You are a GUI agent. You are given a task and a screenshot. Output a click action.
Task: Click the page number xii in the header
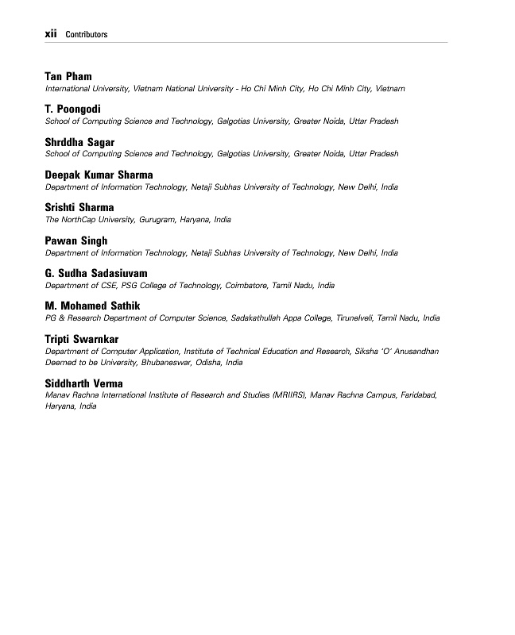[x=52, y=34]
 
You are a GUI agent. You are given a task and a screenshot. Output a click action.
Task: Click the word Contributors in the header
[x=87, y=35]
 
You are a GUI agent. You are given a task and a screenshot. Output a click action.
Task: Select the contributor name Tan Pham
[x=68, y=77]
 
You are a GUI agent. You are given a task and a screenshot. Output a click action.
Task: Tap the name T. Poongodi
[x=73, y=110]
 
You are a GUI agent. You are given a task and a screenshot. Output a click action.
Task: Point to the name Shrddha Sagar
[x=80, y=142]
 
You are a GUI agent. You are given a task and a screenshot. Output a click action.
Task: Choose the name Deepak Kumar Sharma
[x=99, y=175]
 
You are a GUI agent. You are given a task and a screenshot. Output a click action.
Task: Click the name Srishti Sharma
[x=79, y=208]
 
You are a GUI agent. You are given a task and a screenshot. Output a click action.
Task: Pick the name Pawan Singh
[x=76, y=241]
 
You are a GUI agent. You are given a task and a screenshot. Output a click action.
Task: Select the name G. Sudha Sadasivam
[x=96, y=273]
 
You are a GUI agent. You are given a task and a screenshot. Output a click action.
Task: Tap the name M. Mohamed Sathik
[x=93, y=306]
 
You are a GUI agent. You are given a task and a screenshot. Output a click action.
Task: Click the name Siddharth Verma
[x=84, y=383]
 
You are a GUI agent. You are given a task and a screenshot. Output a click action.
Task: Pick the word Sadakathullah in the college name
[x=257, y=317]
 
